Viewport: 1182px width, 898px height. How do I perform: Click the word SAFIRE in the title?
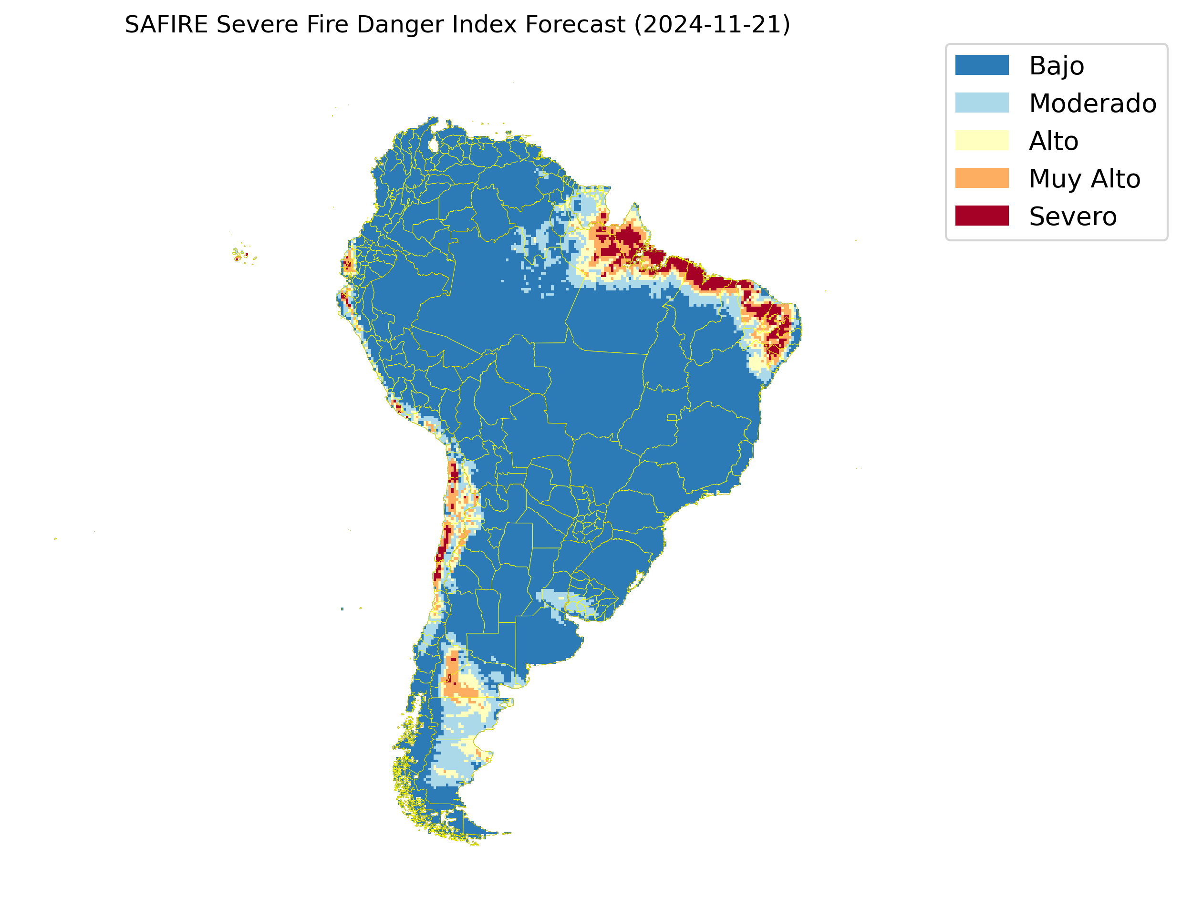coord(166,25)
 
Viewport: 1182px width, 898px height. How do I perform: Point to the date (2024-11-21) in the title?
coord(712,25)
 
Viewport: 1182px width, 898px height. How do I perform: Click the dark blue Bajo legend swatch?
coord(982,65)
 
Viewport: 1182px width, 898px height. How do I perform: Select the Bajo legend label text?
coord(1057,66)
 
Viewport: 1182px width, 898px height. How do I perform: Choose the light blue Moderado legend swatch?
coord(982,103)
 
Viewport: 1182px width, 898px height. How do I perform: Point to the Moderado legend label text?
coord(1093,103)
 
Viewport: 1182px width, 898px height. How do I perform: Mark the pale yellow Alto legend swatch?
coord(982,140)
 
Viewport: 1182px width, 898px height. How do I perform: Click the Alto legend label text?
coord(1053,141)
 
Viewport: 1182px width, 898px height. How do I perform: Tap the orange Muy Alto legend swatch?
coord(982,178)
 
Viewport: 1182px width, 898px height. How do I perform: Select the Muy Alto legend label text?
coord(1084,178)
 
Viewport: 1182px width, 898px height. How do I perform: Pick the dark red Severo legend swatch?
coord(982,216)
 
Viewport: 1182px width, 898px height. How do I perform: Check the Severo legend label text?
coord(1072,217)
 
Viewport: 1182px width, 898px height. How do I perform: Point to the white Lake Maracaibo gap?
coord(434,145)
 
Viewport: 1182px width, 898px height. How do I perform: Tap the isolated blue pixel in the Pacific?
coord(342,609)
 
